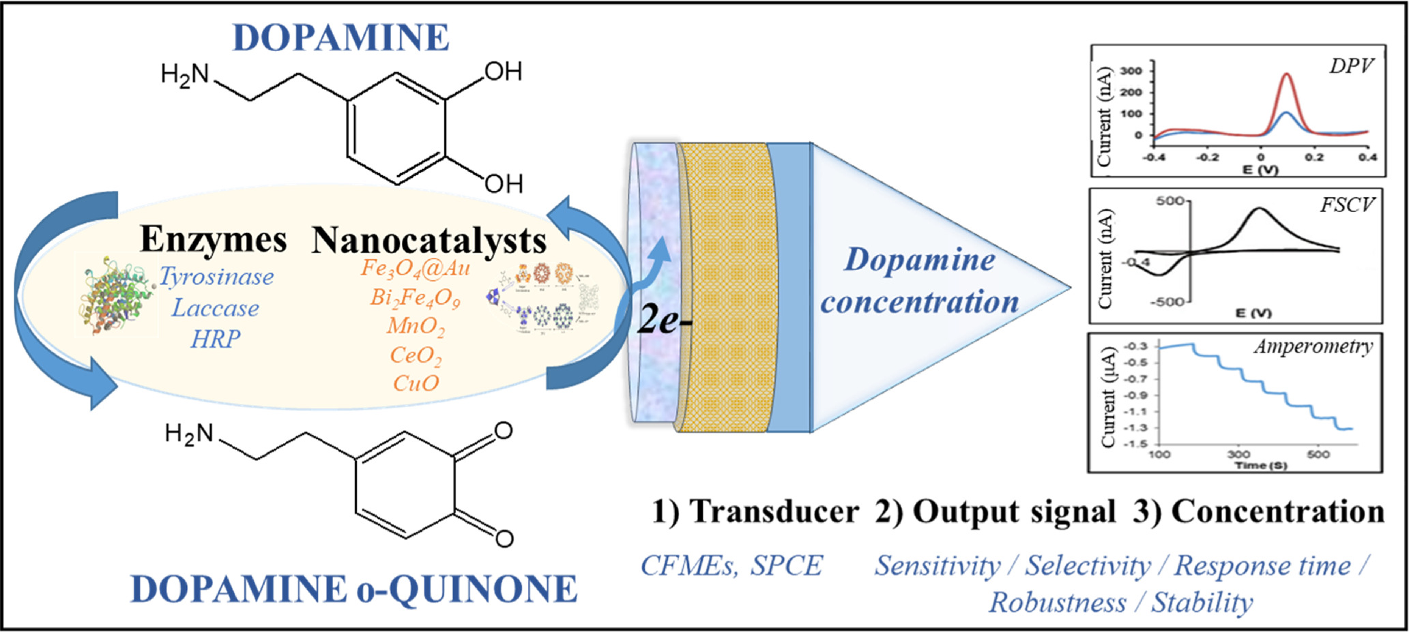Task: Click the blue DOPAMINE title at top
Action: pos(340,37)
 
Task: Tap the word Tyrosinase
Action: pos(216,277)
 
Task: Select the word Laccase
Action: pos(215,308)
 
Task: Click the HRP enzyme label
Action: pos(215,339)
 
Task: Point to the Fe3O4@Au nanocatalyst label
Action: pos(415,269)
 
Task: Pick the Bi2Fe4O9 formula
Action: pos(415,299)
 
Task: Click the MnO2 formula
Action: pos(416,327)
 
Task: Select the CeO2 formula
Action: pos(416,356)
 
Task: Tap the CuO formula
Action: pos(416,383)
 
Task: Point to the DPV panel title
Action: pos(1351,66)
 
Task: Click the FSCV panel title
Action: pos(1346,205)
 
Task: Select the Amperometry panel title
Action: pos(1313,347)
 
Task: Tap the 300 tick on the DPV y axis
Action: pos(1131,71)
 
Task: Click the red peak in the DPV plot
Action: pos(1287,75)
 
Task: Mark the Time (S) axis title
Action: pos(1261,466)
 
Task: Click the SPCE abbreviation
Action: pos(787,566)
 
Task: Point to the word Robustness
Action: pos(1058,603)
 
